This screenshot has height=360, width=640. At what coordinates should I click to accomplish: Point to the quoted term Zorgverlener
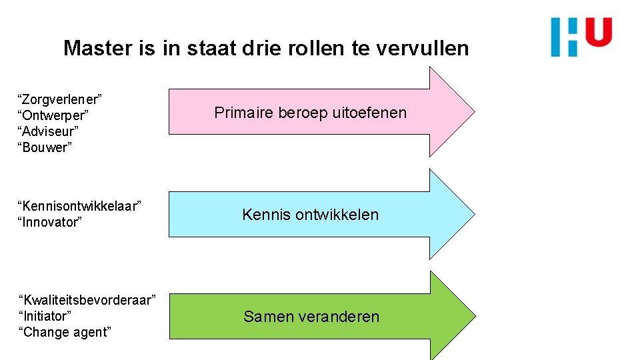(59, 99)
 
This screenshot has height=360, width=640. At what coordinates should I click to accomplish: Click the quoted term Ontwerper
(53, 115)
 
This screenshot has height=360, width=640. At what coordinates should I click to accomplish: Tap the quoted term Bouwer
(45, 147)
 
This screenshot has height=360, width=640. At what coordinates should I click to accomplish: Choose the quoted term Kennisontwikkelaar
(79, 206)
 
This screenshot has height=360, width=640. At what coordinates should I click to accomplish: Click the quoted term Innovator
(49, 222)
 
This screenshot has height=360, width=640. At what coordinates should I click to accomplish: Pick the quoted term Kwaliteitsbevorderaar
(87, 299)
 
